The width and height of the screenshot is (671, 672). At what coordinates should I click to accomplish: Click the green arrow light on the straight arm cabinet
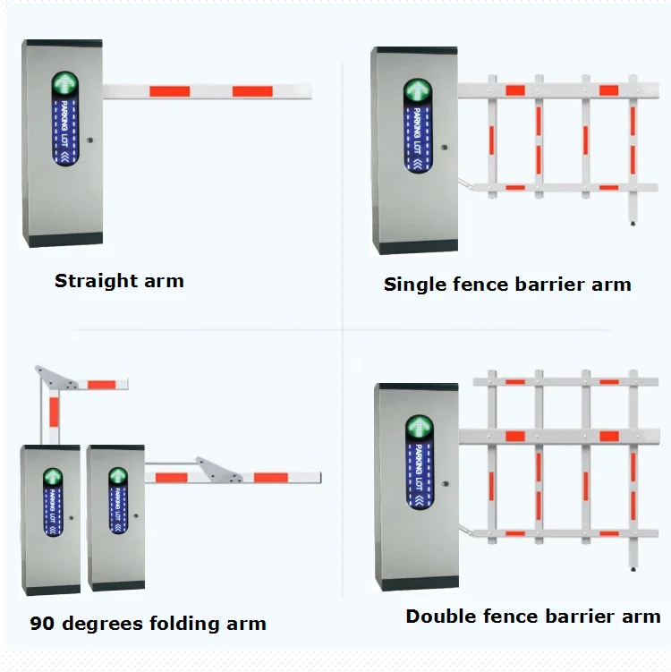(64, 85)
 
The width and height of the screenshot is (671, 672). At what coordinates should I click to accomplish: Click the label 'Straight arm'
(119, 281)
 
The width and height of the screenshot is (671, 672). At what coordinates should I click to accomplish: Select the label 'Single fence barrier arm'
(507, 285)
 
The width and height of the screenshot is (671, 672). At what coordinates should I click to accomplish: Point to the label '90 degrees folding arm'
(148, 623)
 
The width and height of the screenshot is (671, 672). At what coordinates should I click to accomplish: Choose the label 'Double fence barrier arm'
(532, 617)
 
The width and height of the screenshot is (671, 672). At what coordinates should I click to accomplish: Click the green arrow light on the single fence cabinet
(418, 91)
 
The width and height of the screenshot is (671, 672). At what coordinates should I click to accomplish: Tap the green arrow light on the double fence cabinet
(419, 428)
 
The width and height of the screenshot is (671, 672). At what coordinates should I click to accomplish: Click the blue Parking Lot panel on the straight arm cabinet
(65, 132)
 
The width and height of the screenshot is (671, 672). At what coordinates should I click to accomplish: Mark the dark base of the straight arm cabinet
(63, 240)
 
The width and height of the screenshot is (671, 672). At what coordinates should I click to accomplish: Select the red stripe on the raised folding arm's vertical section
(54, 411)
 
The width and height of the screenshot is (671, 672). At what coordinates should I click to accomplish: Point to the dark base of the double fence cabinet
(416, 583)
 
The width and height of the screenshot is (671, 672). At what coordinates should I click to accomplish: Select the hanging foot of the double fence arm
(633, 567)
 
